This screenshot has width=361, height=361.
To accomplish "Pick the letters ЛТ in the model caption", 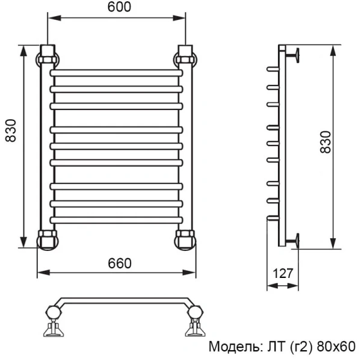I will [x=273, y=347].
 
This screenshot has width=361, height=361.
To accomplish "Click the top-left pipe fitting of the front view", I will [x=48, y=57].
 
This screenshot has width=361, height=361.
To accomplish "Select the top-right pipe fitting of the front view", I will [x=186, y=57].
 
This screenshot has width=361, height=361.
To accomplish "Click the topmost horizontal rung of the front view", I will [x=116, y=72].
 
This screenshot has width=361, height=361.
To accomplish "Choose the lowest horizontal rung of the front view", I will [x=116, y=220].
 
